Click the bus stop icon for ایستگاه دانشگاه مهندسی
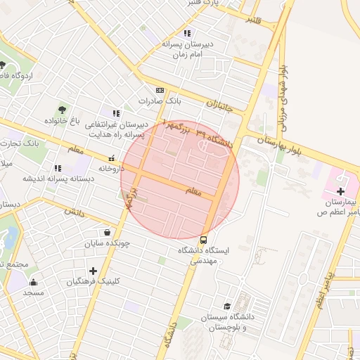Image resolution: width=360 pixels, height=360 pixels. pyautogui.click(x=204, y=239)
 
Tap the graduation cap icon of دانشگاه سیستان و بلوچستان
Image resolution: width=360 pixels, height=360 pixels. pyautogui.click(x=227, y=306)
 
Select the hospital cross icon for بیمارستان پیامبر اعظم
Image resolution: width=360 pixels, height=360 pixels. pyautogui.click(x=340, y=191)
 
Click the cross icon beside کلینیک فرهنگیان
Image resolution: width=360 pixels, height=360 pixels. pyautogui.click(x=93, y=271)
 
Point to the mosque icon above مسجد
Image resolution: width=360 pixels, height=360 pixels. pyautogui.click(x=33, y=282)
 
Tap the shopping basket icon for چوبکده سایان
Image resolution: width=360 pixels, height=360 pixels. pyautogui.click(x=106, y=233)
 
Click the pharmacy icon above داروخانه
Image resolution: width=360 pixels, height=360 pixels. pyautogui.click(x=112, y=158)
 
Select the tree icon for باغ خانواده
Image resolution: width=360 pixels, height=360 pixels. pyautogui.click(x=63, y=110)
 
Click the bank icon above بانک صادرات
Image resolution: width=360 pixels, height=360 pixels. pyautogui.click(x=160, y=90)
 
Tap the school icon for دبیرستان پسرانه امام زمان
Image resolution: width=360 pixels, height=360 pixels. pyautogui.click(x=186, y=33)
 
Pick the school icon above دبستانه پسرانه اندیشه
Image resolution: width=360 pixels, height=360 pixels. pyautogui.click(x=58, y=168)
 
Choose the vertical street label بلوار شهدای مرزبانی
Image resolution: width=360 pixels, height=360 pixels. pyautogui.click(x=285, y=98)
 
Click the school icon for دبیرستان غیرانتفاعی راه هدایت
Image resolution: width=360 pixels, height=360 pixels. pyautogui.click(x=116, y=112)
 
